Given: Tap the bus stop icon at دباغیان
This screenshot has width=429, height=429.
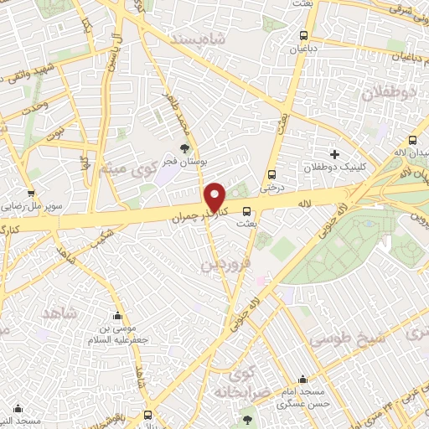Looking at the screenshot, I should pyautogui.click(x=303, y=36).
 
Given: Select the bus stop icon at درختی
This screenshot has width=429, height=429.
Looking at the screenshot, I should pyautogui.click(x=271, y=174).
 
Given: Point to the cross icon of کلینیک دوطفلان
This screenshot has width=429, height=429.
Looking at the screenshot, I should pyautogui.click(x=335, y=154).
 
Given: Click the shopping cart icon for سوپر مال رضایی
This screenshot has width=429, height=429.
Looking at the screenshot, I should pyautogui.click(x=31, y=194).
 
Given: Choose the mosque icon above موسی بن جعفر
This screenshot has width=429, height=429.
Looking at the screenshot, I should pyautogui.click(x=117, y=316).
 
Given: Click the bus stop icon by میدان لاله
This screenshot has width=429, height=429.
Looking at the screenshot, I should pyautogui.click(x=411, y=141).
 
